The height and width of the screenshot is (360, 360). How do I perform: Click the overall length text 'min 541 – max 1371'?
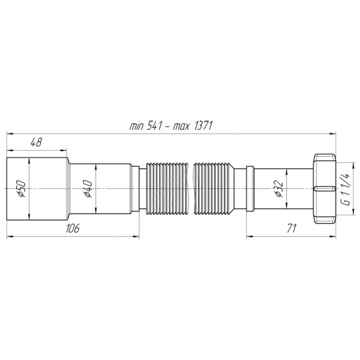(172, 125)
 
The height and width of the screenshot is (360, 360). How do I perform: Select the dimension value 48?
(36, 142)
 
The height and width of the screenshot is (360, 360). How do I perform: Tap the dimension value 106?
(72, 229)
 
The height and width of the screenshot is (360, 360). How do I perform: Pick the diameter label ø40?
(86, 188)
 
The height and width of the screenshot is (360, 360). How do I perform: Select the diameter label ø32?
(278, 188)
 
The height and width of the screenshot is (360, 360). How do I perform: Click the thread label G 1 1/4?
(345, 188)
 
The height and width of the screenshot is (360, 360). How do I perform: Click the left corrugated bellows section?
(165, 188)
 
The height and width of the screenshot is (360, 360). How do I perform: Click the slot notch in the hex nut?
(327, 188)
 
